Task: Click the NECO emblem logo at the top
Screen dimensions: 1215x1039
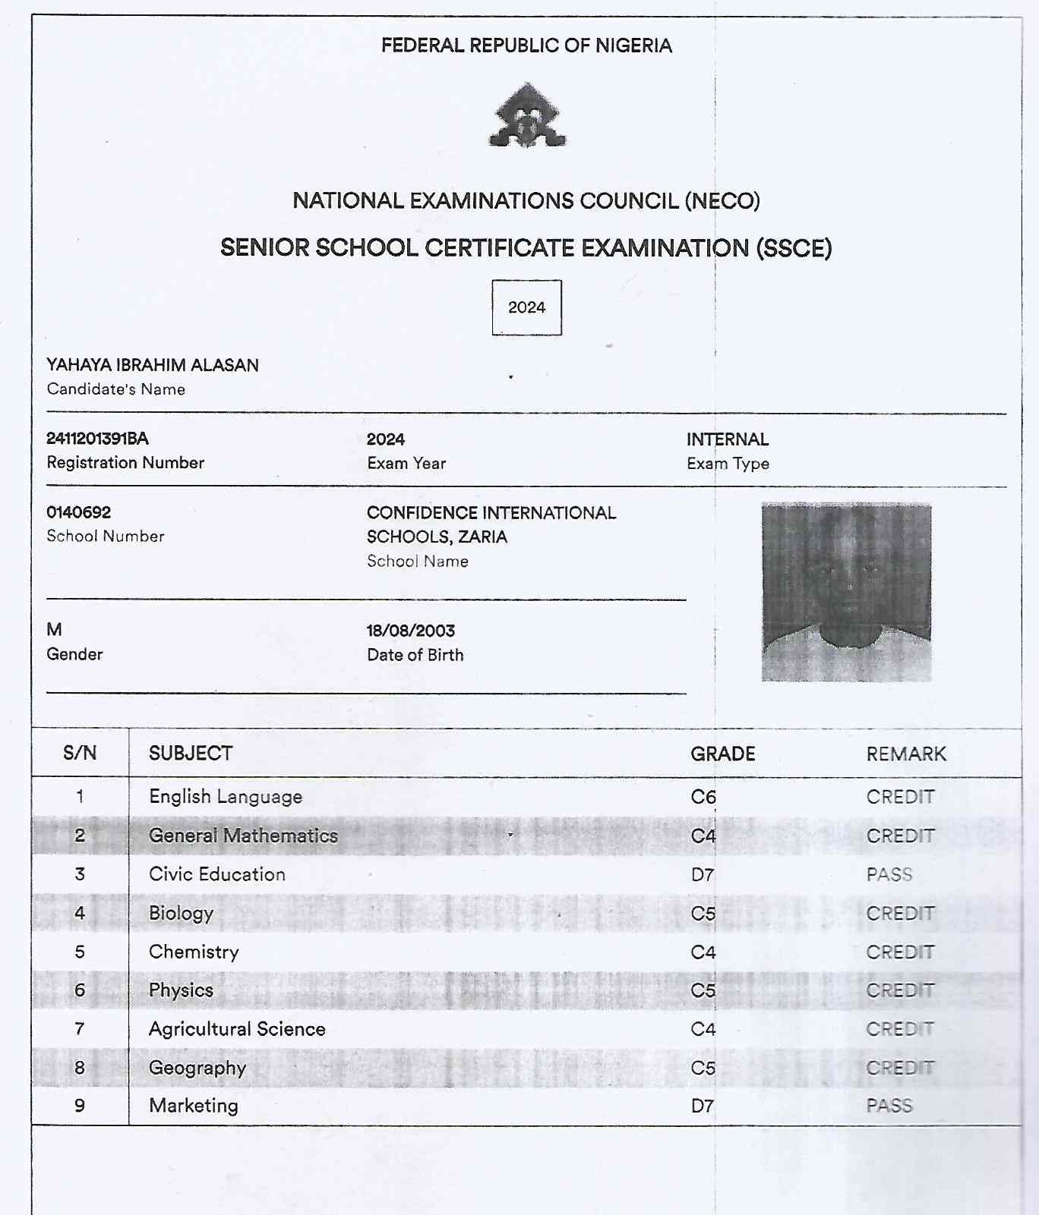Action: pyautogui.click(x=527, y=116)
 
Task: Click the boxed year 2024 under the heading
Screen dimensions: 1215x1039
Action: pyautogui.click(x=526, y=307)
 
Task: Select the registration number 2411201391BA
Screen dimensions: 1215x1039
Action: pyautogui.click(x=97, y=439)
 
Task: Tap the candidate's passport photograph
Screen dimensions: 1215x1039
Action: pyautogui.click(x=846, y=592)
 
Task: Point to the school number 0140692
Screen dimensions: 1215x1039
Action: pyautogui.click(x=78, y=512)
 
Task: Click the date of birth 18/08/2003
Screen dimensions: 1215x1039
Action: pyautogui.click(x=410, y=631)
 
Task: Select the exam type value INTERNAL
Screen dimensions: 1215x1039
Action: pyautogui.click(x=727, y=439)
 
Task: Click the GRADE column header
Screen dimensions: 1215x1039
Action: pyautogui.click(x=722, y=754)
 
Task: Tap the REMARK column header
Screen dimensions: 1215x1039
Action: pyautogui.click(x=906, y=754)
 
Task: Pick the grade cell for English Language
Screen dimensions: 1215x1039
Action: pyautogui.click(x=703, y=797)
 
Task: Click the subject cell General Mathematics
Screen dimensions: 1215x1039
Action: pyautogui.click(x=243, y=836)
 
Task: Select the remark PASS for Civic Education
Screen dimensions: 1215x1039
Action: pyautogui.click(x=889, y=874)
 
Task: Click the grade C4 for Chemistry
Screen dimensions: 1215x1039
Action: pyautogui.click(x=703, y=952)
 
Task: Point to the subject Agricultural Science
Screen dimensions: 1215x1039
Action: pyautogui.click(x=237, y=1029)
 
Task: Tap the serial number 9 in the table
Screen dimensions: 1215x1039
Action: pyautogui.click(x=80, y=1106)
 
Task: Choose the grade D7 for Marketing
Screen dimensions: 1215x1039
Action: pyautogui.click(x=703, y=1106)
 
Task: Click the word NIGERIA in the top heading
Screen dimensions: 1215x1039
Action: pyautogui.click(x=633, y=46)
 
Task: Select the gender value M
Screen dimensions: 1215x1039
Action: pyautogui.click(x=54, y=630)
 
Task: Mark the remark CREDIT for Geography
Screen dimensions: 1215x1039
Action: pyautogui.click(x=900, y=1068)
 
